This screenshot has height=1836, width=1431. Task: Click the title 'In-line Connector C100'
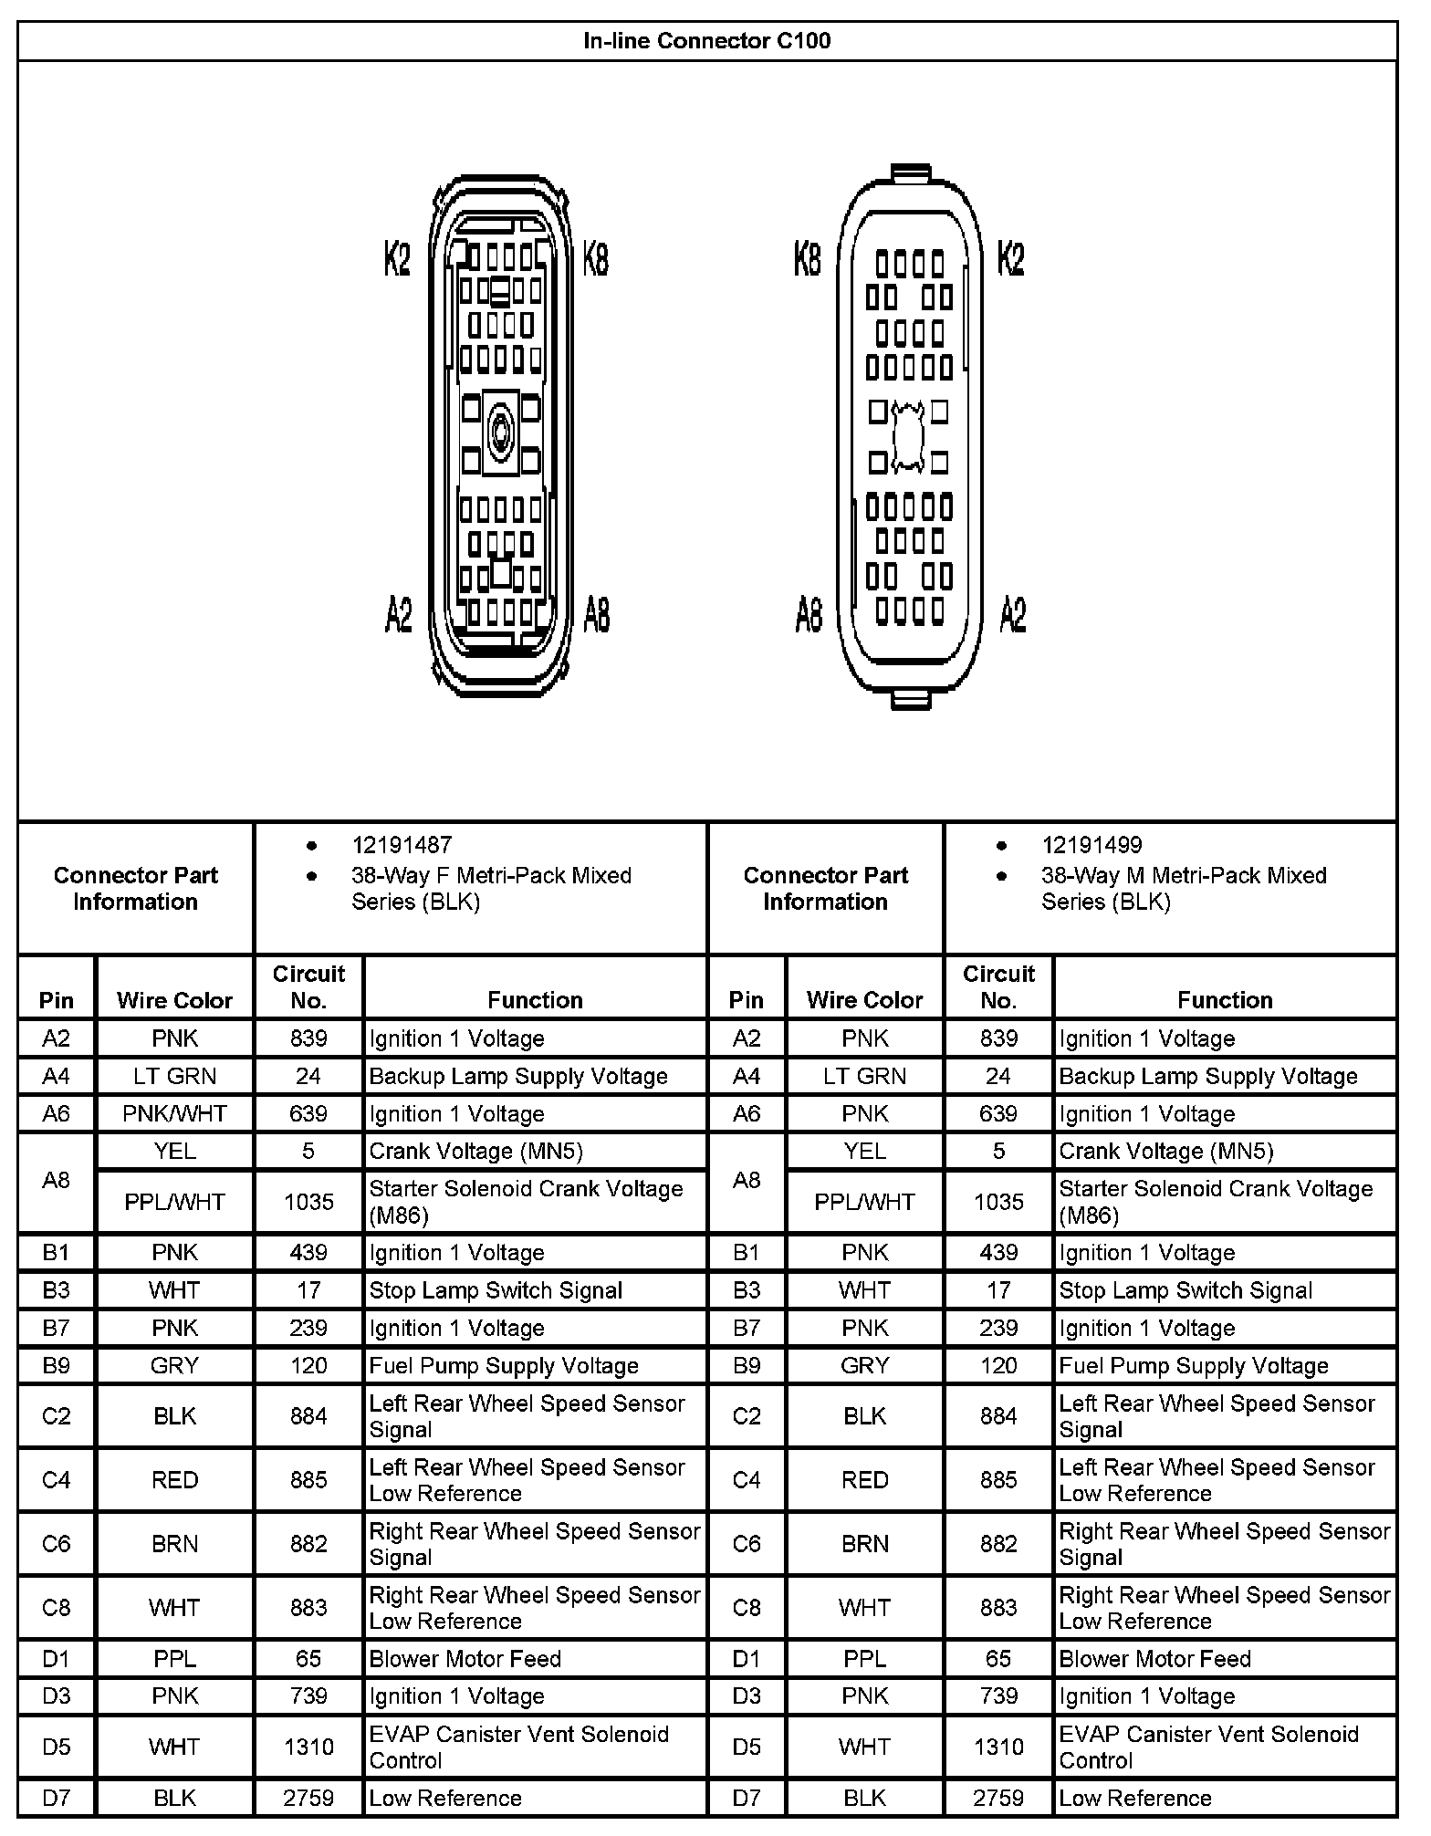707,41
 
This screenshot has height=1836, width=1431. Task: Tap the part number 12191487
402,845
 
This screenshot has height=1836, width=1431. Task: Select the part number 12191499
1092,845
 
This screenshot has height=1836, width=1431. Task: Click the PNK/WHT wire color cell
174,1114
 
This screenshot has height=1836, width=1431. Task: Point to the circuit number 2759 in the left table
308,1798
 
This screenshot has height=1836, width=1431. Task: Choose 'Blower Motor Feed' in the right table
1154,1659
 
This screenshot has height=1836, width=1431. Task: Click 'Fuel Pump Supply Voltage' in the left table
503,1366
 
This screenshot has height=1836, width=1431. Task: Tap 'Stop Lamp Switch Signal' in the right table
1186,1290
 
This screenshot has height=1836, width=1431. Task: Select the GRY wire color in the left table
174,1366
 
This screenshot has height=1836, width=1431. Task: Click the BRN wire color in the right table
864,1544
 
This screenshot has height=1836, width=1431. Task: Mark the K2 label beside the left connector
397,260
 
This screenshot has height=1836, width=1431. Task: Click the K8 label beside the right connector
808,260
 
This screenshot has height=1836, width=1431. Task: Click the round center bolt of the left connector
500,429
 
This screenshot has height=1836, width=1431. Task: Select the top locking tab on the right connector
910,173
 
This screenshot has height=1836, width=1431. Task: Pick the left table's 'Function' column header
535,1000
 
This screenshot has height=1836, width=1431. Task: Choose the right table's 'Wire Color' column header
864,1000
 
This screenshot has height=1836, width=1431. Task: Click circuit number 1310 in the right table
998,1747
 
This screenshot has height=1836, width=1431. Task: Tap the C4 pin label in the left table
56,1480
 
